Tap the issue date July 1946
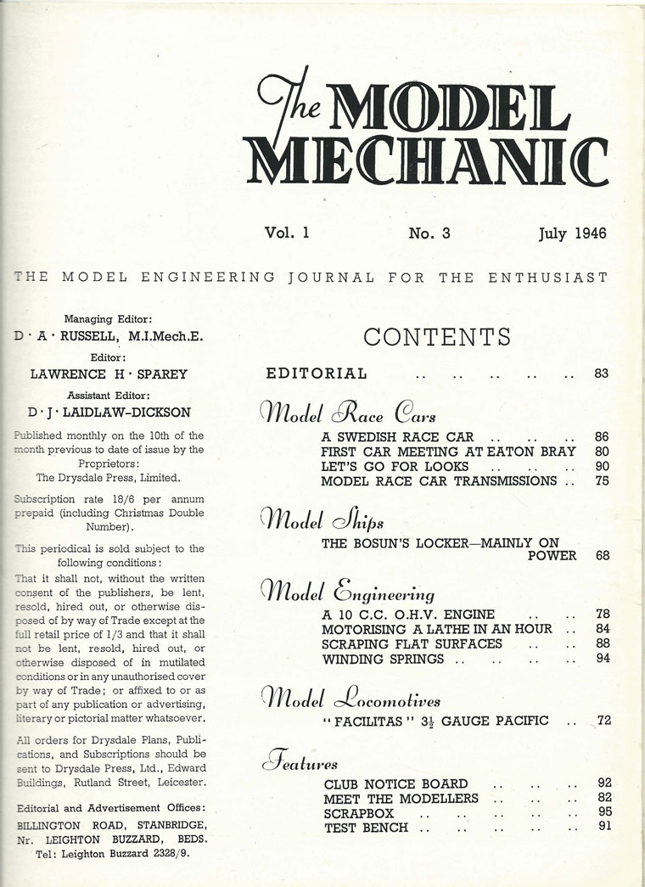pos(573,233)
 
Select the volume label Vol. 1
pos(286,233)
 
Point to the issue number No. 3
pos(429,233)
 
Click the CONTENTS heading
pos(437,337)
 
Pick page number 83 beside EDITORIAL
pos(602,373)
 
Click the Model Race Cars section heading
pos(349,414)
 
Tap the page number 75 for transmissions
pos(603,481)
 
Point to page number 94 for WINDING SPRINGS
pos(603,659)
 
